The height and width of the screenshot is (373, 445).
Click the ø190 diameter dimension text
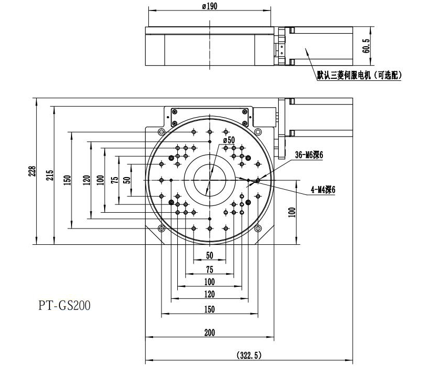tap(209, 6)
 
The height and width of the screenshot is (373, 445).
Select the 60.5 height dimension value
tap(367, 46)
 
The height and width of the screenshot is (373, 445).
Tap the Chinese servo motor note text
tap(359, 76)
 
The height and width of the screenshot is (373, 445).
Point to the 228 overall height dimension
tap(33, 172)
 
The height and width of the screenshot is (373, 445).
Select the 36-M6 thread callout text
tap(309, 155)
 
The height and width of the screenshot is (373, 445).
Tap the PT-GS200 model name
tap(64, 306)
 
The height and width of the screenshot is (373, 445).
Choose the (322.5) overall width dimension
tap(248, 355)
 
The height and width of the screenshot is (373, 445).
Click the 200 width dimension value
tap(209, 332)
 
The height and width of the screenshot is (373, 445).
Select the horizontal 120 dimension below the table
tap(209, 294)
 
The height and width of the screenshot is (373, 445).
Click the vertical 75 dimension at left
tap(115, 179)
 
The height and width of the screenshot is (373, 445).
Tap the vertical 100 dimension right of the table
tap(292, 212)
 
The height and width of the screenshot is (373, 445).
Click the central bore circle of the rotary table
tap(209, 180)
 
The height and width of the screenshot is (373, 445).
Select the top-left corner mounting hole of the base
tap(161, 131)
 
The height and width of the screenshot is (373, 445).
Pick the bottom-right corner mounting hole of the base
tap(258, 228)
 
